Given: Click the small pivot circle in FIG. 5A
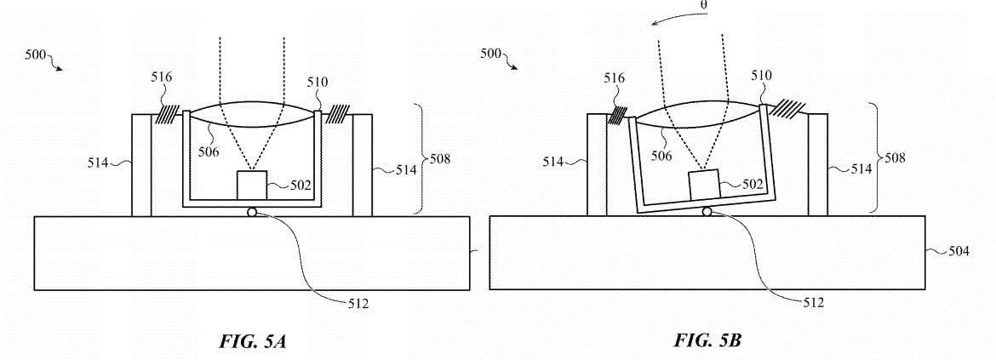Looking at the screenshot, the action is pos(253,212).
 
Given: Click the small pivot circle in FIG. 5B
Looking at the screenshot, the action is pos(707,211).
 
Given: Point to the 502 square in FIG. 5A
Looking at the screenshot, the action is pos(253,186).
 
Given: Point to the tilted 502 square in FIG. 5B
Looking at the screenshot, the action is pos(705,185).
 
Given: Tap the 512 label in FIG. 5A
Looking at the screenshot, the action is pos(358,304).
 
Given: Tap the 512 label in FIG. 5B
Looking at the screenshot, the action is pos(812,303).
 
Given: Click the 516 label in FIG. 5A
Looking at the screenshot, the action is pos(162,77).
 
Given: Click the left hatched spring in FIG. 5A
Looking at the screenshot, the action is pos(166,114).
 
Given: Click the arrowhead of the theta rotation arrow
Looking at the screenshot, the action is pos(655,24).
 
